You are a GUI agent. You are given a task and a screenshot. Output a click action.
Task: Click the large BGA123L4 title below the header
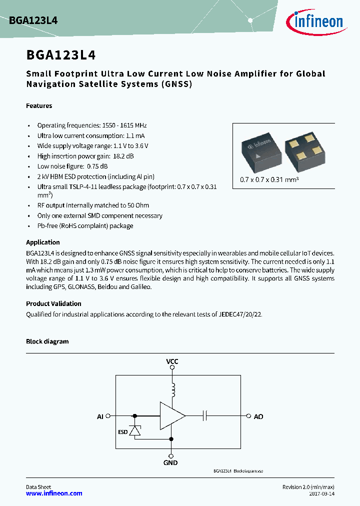(61, 54)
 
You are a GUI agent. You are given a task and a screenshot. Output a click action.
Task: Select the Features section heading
(39, 105)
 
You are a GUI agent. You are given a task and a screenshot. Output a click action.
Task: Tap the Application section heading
(43, 242)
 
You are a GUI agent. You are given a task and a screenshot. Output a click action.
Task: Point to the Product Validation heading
(53, 303)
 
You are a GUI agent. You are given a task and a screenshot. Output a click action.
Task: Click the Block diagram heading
(47, 341)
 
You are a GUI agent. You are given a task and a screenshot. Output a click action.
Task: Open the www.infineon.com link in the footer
(54, 493)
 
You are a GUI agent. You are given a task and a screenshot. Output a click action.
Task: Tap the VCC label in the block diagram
(172, 361)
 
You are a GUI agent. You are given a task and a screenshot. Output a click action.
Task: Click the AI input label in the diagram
(100, 416)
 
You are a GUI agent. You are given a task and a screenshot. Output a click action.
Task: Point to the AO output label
(258, 416)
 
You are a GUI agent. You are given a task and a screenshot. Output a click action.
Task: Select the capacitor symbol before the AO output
(205, 415)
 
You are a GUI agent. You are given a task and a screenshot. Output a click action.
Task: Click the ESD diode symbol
(134, 431)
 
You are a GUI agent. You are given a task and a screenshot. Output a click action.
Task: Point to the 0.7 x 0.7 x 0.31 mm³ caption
(269, 179)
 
